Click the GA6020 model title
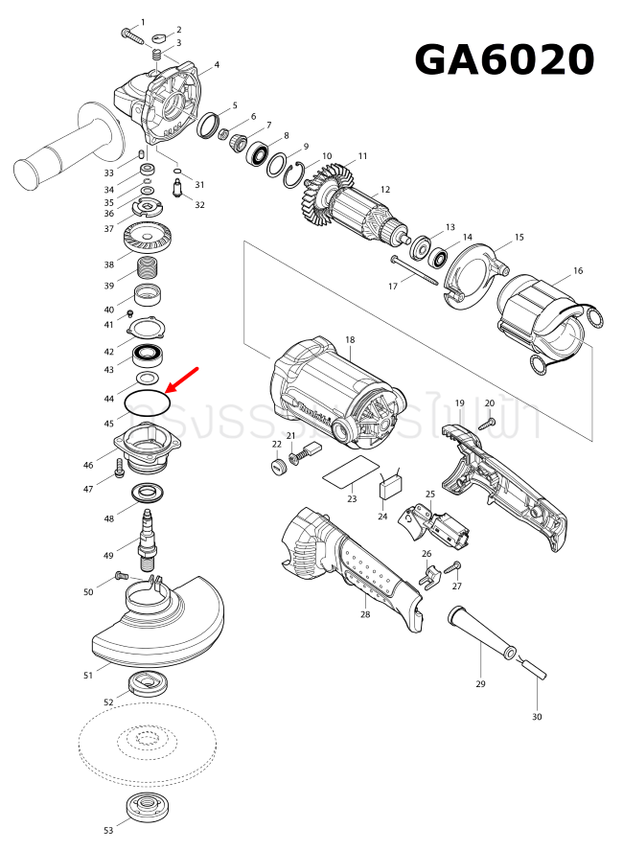[504, 59]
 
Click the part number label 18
[350, 340]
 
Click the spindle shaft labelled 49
[149, 536]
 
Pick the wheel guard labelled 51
[158, 628]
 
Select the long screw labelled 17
[414, 270]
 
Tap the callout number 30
[537, 717]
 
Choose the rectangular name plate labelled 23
[348, 473]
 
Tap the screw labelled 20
[489, 421]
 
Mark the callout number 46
[88, 466]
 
